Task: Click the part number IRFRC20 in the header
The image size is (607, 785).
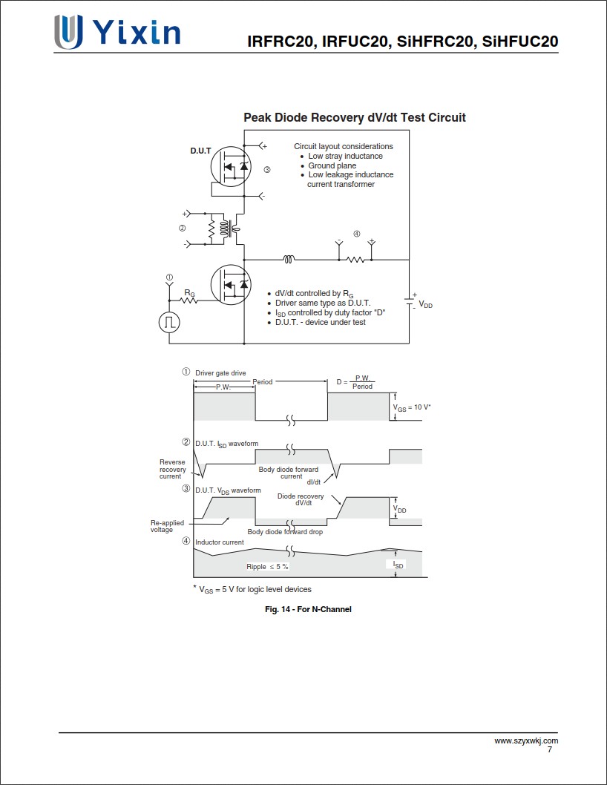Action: tap(279, 42)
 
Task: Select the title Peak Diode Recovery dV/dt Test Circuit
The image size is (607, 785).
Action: tap(355, 117)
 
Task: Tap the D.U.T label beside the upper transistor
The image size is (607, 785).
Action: tap(200, 151)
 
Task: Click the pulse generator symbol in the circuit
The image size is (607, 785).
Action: tap(169, 322)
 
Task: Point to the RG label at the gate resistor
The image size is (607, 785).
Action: tap(190, 293)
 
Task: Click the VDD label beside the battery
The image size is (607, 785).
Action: tap(425, 304)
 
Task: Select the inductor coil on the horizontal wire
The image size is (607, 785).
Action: tap(289, 259)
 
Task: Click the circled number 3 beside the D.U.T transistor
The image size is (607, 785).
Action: tap(267, 170)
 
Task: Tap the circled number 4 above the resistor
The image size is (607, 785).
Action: tap(356, 234)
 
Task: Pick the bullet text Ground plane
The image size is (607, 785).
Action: tap(332, 165)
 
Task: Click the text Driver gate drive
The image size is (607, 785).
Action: tap(220, 372)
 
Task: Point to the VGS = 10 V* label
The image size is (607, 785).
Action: tap(412, 407)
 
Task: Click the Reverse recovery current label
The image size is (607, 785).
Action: tap(172, 469)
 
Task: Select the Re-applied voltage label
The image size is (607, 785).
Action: tap(167, 526)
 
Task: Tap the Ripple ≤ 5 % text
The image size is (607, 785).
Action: tap(267, 566)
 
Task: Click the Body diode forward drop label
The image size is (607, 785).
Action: tap(285, 532)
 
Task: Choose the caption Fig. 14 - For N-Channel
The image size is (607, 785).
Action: tap(308, 609)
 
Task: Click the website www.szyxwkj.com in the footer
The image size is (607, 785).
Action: tap(526, 740)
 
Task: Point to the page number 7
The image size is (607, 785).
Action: tap(549, 749)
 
